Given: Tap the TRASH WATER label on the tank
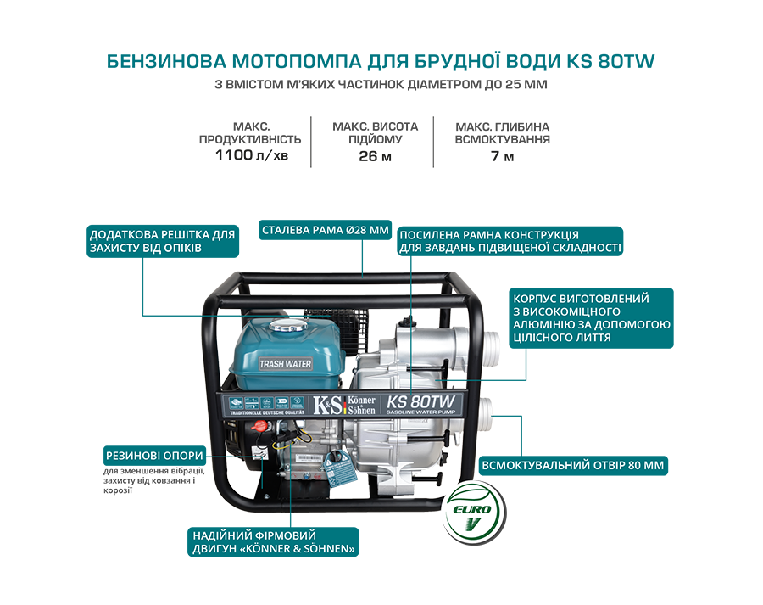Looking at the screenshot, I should pyautogui.click(x=285, y=364).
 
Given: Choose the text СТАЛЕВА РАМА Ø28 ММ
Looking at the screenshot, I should pyautogui.click(x=313, y=230).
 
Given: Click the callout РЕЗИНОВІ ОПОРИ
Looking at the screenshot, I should pyautogui.click(x=154, y=456).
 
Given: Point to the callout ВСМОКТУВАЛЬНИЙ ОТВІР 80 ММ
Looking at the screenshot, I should pyautogui.click(x=572, y=466).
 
